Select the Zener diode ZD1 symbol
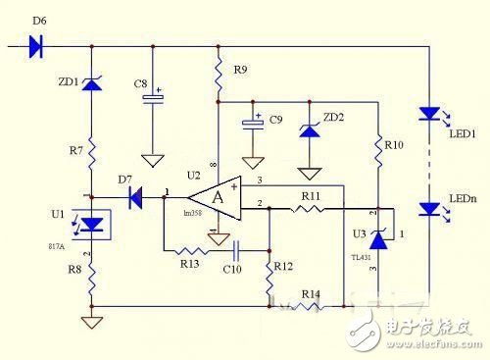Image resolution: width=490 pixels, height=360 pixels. tap(92, 85)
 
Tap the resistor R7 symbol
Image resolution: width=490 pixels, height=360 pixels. tap(92, 152)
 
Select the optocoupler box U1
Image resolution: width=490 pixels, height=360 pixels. tap(93, 226)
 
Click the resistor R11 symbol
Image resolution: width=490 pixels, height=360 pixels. tap(312, 209)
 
